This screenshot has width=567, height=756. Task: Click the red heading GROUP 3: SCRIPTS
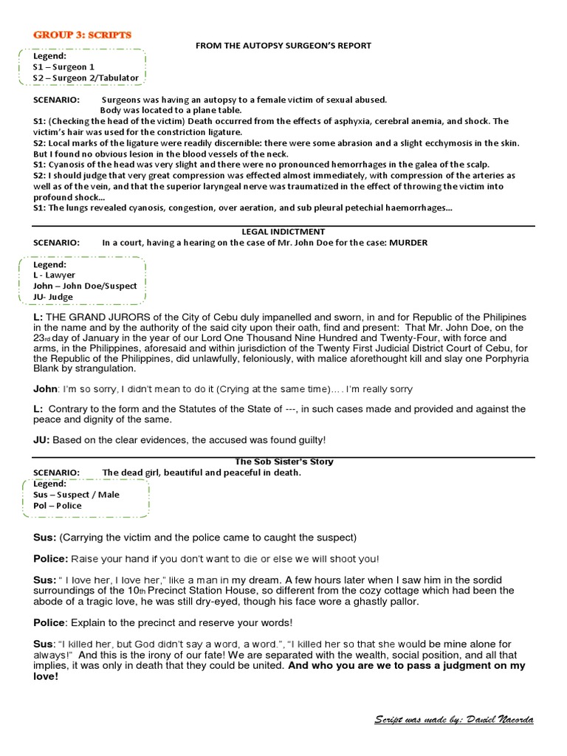81,35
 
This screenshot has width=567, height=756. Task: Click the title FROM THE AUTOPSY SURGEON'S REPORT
283,46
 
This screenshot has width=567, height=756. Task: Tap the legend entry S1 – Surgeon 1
63,66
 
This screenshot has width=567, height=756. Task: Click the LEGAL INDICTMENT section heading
283,231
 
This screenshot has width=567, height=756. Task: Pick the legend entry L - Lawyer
54,275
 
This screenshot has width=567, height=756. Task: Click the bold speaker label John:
46,389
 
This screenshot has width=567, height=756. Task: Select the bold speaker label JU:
41,440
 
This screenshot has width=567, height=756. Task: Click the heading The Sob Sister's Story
283,461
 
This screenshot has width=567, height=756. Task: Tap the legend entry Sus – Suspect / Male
75,495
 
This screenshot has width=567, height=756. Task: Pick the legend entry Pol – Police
57,506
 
